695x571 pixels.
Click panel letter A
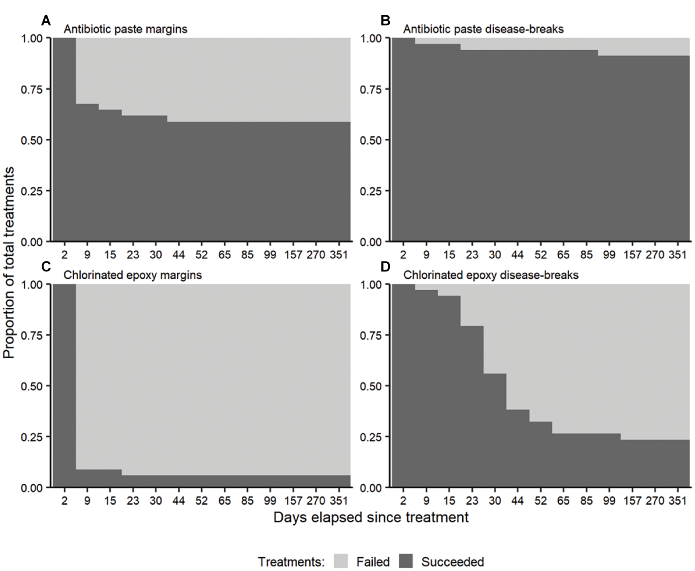[x=46, y=21]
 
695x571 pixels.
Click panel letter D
[x=385, y=267]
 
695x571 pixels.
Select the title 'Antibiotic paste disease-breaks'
[x=483, y=29]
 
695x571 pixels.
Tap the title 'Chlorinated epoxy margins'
[x=133, y=275]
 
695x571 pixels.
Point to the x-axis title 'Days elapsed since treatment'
[x=371, y=517]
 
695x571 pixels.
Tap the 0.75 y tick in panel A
[x=32, y=89]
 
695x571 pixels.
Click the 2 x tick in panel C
[x=64, y=501]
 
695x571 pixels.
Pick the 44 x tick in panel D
[x=518, y=501]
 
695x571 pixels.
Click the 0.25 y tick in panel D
[x=371, y=437]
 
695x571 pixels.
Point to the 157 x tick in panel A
[x=293, y=255]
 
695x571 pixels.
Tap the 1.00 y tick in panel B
[x=371, y=38]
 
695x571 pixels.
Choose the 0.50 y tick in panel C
[x=32, y=386]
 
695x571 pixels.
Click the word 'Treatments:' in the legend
[x=291, y=562]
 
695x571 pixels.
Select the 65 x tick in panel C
[x=224, y=501]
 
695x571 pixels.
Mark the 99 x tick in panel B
[x=609, y=255]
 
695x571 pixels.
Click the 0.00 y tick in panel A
[x=32, y=242]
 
